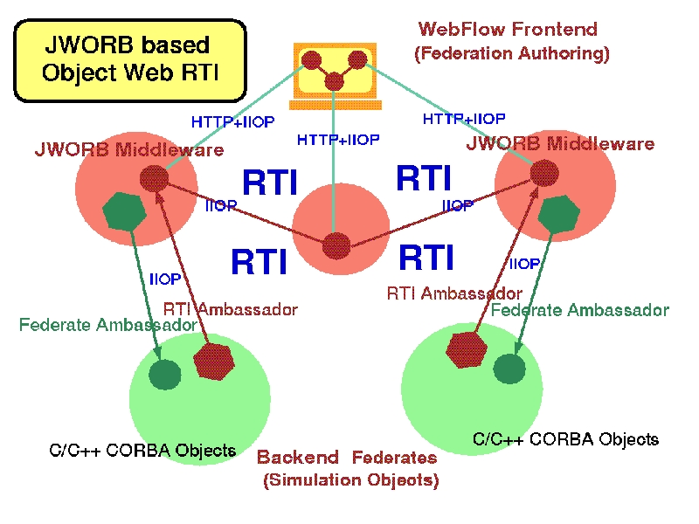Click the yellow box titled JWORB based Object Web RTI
click(130, 60)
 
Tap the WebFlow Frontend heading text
click(508, 30)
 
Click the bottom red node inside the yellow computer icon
click(334, 81)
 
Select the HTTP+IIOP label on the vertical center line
click(338, 140)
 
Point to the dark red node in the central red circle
click(336, 245)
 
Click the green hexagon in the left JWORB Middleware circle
click(124, 211)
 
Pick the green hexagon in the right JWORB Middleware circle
click(558, 214)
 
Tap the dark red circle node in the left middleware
click(155, 178)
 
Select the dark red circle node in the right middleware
click(544, 173)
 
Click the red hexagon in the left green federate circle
click(214, 362)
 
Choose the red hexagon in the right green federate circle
click(466, 349)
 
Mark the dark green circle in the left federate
click(165, 375)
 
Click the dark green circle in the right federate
click(509, 369)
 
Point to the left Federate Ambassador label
click(108, 324)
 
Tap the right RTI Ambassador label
click(454, 293)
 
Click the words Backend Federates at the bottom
click(347, 458)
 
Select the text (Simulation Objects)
click(351, 480)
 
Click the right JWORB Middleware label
click(560, 143)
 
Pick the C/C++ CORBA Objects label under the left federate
click(142, 451)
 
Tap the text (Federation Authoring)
click(512, 53)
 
